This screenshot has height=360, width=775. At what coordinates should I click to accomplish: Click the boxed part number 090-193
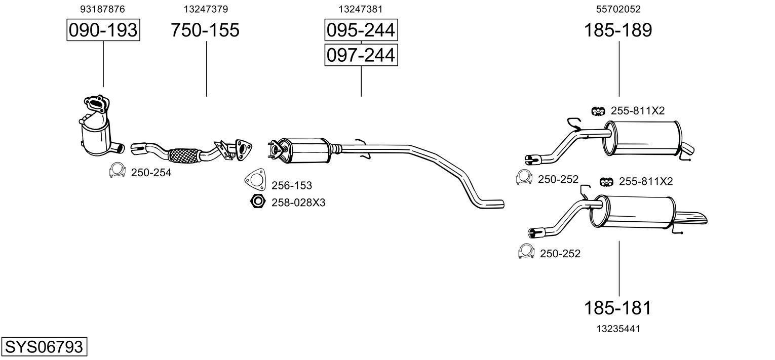pyautogui.click(x=103, y=30)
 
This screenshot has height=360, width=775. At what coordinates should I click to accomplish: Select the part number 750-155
pyautogui.click(x=205, y=30)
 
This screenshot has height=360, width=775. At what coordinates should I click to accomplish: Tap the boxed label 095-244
pyautogui.click(x=361, y=30)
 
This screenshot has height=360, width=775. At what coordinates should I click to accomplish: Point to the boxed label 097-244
pyautogui.click(x=361, y=55)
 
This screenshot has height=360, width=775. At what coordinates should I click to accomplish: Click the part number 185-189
pyautogui.click(x=618, y=30)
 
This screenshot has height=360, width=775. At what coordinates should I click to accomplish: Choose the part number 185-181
pyautogui.click(x=618, y=307)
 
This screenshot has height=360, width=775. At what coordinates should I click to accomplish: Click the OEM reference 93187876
pyautogui.click(x=102, y=9)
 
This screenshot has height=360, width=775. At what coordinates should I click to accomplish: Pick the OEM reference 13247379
pyautogui.click(x=206, y=9)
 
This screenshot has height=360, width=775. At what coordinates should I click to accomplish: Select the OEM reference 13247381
pyautogui.click(x=361, y=9)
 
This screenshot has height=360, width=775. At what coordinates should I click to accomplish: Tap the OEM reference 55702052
pyautogui.click(x=618, y=9)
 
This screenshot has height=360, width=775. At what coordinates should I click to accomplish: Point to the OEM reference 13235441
pyautogui.click(x=618, y=329)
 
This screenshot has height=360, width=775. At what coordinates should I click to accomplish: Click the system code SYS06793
pyautogui.click(x=44, y=346)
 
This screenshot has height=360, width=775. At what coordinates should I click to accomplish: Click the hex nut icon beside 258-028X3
pyautogui.click(x=258, y=201)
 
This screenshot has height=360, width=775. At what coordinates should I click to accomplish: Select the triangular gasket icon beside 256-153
pyautogui.click(x=255, y=179)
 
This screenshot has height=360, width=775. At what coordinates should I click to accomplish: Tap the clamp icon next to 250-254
pyautogui.click(x=117, y=170)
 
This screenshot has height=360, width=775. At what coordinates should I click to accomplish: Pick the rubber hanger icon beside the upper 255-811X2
pyautogui.click(x=598, y=111)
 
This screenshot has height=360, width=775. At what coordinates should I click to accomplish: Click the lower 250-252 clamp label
pyautogui.click(x=560, y=254)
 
